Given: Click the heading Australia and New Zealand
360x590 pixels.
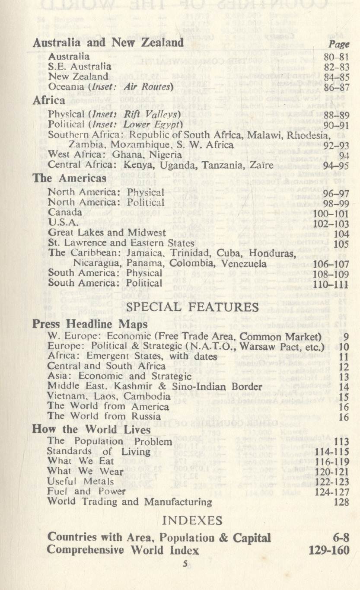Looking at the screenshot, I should click(108, 43).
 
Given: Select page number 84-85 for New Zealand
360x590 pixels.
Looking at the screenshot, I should click(336, 78).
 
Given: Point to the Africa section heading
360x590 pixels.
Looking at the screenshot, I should click(49, 101).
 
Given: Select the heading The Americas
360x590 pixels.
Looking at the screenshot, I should click(70, 178).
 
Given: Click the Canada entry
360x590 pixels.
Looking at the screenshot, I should click(65, 212).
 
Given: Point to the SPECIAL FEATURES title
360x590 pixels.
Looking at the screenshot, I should click(193, 307).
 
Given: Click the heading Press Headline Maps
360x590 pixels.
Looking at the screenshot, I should click(90, 324).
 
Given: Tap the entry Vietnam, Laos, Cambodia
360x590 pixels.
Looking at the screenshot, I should click(109, 396).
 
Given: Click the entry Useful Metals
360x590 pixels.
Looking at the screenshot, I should click(80, 481).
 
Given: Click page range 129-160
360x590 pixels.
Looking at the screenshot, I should click(329, 550).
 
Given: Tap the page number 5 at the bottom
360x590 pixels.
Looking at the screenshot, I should click(184, 564).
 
